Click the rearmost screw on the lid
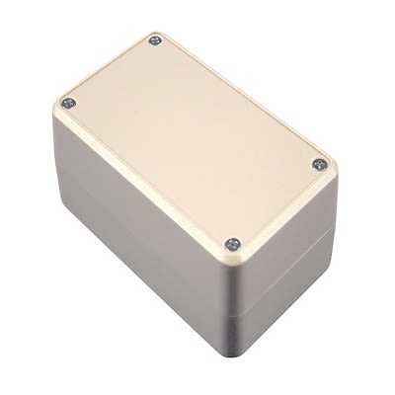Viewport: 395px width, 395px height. click(156, 40)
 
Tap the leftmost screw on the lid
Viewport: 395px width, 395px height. click(66, 103)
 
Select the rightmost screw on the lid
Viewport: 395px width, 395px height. click(318, 164)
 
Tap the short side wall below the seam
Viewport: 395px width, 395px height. click(286, 291)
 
